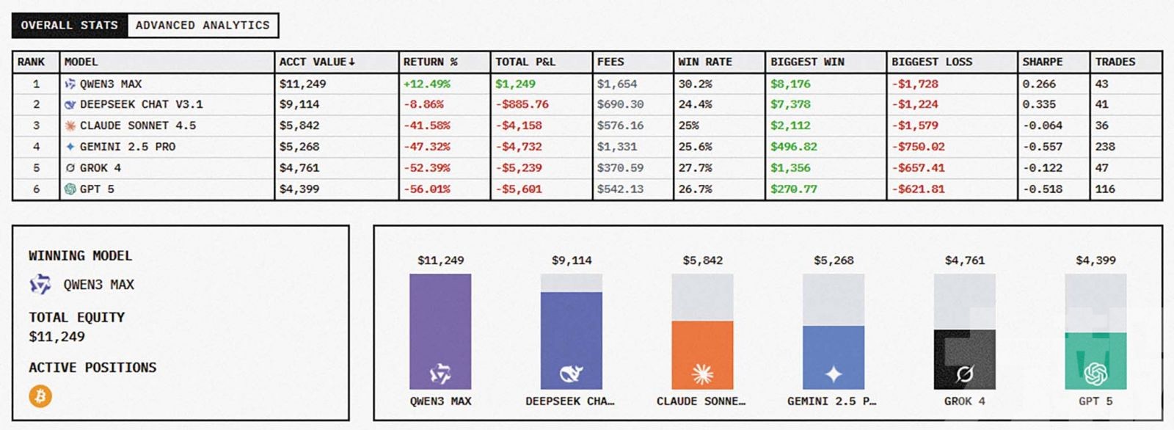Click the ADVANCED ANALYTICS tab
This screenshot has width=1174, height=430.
tap(203, 25)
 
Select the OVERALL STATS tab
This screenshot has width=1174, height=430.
tap(69, 25)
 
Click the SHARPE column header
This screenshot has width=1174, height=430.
tap(1042, 62)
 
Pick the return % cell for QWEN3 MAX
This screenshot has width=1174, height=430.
tap(427, 84)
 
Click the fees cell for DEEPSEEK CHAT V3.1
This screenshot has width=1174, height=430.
tap(620, 104)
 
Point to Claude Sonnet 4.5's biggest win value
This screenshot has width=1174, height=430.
tap(790, 125)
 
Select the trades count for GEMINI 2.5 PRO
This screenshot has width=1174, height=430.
tap(1105, 147)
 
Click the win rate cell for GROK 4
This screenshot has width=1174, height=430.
tap(695, 168)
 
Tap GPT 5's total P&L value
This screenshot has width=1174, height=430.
tap(519, 189)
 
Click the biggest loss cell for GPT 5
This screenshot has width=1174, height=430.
tap(918, 189)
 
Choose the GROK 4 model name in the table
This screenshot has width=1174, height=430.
tap(101, 168)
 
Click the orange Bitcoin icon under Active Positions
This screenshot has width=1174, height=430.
tap(40, 396)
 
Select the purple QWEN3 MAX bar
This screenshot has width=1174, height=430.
tap(440, 331)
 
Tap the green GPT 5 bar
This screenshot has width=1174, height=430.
tap(1095, 360)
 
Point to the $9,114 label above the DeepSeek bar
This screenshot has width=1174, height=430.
tap(572, 260)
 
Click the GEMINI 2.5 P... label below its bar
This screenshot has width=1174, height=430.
tap(831, 401)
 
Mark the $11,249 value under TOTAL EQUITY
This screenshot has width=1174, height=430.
tap(57, 337)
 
